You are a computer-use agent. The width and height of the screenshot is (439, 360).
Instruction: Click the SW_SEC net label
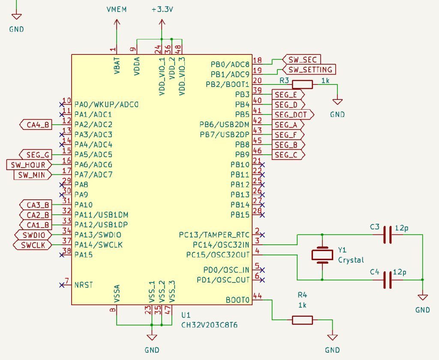point(302,59)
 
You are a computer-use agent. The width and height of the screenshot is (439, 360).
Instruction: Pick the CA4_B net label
point(36,125)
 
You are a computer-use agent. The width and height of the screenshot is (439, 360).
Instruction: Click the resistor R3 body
point(302,85)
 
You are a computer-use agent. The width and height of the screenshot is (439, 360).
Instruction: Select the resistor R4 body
point(302,320)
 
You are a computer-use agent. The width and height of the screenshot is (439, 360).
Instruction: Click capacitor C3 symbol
point(388,235)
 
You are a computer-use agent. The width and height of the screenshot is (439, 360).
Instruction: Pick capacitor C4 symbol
point(388,280)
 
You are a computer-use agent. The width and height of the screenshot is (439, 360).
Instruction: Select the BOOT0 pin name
point(238,300)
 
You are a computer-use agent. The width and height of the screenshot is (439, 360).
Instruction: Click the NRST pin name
point(84,285)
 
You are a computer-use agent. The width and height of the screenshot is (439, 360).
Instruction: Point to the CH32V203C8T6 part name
point(210,326)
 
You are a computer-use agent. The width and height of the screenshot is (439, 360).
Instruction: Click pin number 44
point(258,296)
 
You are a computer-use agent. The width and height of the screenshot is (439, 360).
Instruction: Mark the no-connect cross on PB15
point(262,214)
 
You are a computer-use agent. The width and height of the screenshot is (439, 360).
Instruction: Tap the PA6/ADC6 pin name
point(93,165)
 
